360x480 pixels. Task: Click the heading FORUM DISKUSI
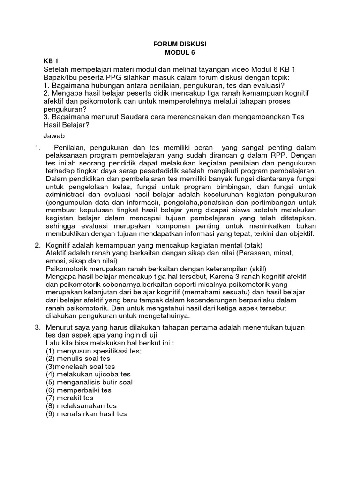click(180, 44)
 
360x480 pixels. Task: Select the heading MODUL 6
click(180, 52)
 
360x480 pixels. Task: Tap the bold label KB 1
click(51, 61)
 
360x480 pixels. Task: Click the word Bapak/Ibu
click(60, 77)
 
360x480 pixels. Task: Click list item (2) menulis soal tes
click(78, 359)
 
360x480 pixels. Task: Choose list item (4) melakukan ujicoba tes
click(88, 374)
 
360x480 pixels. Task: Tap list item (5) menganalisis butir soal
click(89, 382)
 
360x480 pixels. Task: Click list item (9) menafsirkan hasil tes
click(86, 414)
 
